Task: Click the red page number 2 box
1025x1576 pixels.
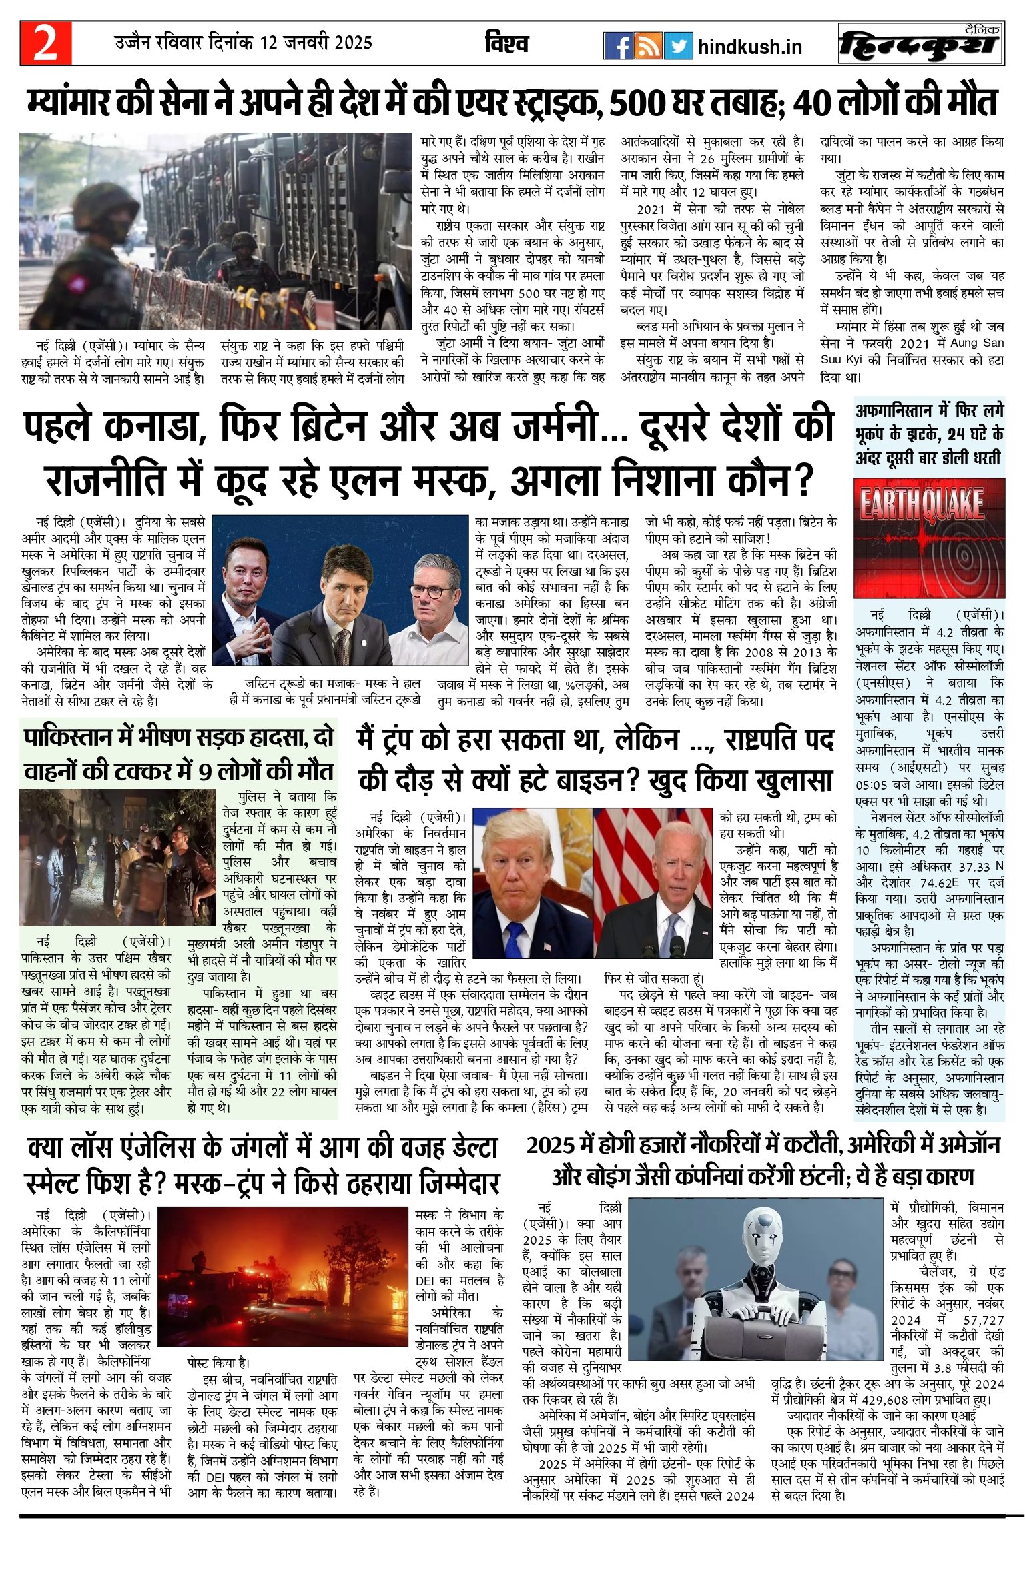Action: (45, 43)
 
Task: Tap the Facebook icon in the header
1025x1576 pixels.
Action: (618, 46)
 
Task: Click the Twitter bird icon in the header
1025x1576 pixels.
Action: (679, 46)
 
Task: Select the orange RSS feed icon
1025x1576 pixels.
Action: (648, 46)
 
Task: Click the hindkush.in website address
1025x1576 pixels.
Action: (749, 47)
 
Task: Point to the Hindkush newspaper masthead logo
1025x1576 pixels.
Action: (920, 44)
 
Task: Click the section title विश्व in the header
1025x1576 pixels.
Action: (506, 43)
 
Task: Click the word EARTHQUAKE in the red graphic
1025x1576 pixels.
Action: (922, 504)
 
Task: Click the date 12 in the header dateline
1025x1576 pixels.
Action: (268, 43)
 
